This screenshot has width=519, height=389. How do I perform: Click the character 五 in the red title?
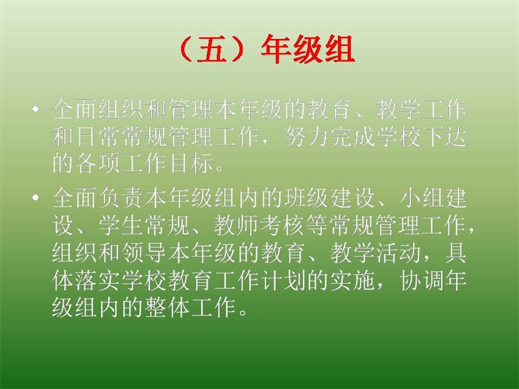[212, 50]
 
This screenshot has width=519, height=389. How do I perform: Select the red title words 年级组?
[308, 50]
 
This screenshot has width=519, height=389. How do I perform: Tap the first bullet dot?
[36, 108]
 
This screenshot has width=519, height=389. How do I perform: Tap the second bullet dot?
[36, 198]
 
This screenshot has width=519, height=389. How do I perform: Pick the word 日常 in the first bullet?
[99, 136]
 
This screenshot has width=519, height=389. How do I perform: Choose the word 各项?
[99, 163]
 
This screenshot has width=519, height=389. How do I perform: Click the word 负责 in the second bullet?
[122, 198]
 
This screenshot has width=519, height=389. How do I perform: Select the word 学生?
[122, 226]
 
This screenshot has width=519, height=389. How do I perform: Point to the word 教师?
[237, 226]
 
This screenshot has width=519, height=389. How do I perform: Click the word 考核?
[284, 226]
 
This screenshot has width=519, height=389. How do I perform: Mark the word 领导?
[145, 253]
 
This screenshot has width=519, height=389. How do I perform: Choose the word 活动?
[400, 253]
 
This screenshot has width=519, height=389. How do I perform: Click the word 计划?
[284, 281]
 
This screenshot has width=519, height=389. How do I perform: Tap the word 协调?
[423, 281]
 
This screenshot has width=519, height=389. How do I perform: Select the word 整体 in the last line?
[168, 308]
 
